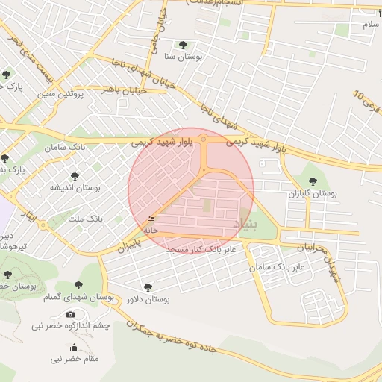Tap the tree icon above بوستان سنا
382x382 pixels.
(x=183, y=44)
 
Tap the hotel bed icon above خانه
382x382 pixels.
(x=151, y=219)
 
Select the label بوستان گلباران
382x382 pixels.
(x=313, y=193)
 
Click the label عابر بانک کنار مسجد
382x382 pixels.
(x=201, y=249)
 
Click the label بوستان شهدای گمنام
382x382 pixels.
(x=83, y=298)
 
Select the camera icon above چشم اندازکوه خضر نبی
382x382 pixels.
(x=71, y=315)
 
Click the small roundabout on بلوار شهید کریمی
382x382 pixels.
(x=203, y=139)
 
